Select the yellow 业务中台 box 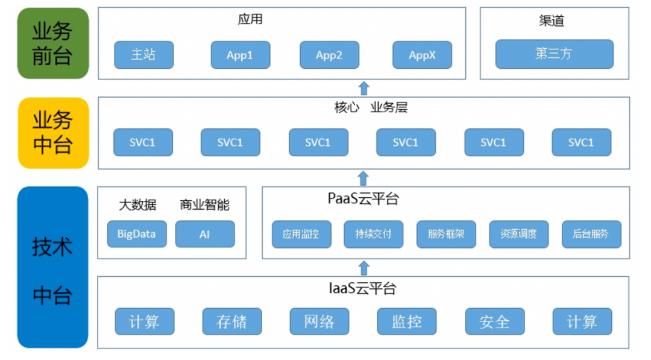53,133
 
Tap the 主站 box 143,55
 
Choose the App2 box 329,55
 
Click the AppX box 422,55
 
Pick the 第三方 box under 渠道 554,54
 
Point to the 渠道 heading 552,21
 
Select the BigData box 136,234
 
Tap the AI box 205,234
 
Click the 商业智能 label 204,205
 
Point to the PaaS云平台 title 363,199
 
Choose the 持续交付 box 374,234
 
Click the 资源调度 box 518,234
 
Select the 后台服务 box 591,234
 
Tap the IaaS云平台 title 363,288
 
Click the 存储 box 231,322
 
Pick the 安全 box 494,322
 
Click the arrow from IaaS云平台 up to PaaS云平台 363,268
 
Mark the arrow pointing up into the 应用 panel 363,88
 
